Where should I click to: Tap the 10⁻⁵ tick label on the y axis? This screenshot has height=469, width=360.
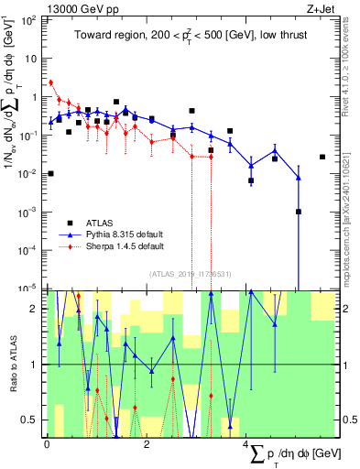click(29, 289)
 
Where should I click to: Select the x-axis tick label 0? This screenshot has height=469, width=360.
click(47, 444)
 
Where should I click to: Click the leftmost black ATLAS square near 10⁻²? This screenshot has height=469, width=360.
click(50, 173)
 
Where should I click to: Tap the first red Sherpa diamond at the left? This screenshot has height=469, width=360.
click(50, 82)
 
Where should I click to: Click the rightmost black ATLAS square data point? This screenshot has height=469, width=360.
click(322, 157)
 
